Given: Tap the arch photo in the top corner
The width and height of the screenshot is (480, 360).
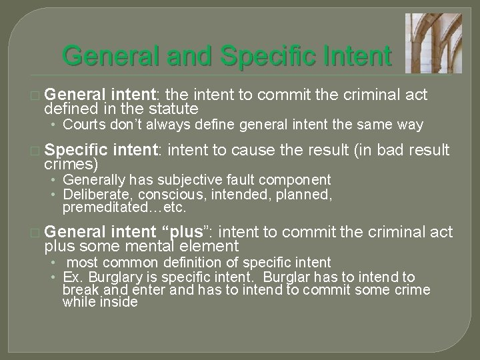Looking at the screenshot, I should click(427, 42).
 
